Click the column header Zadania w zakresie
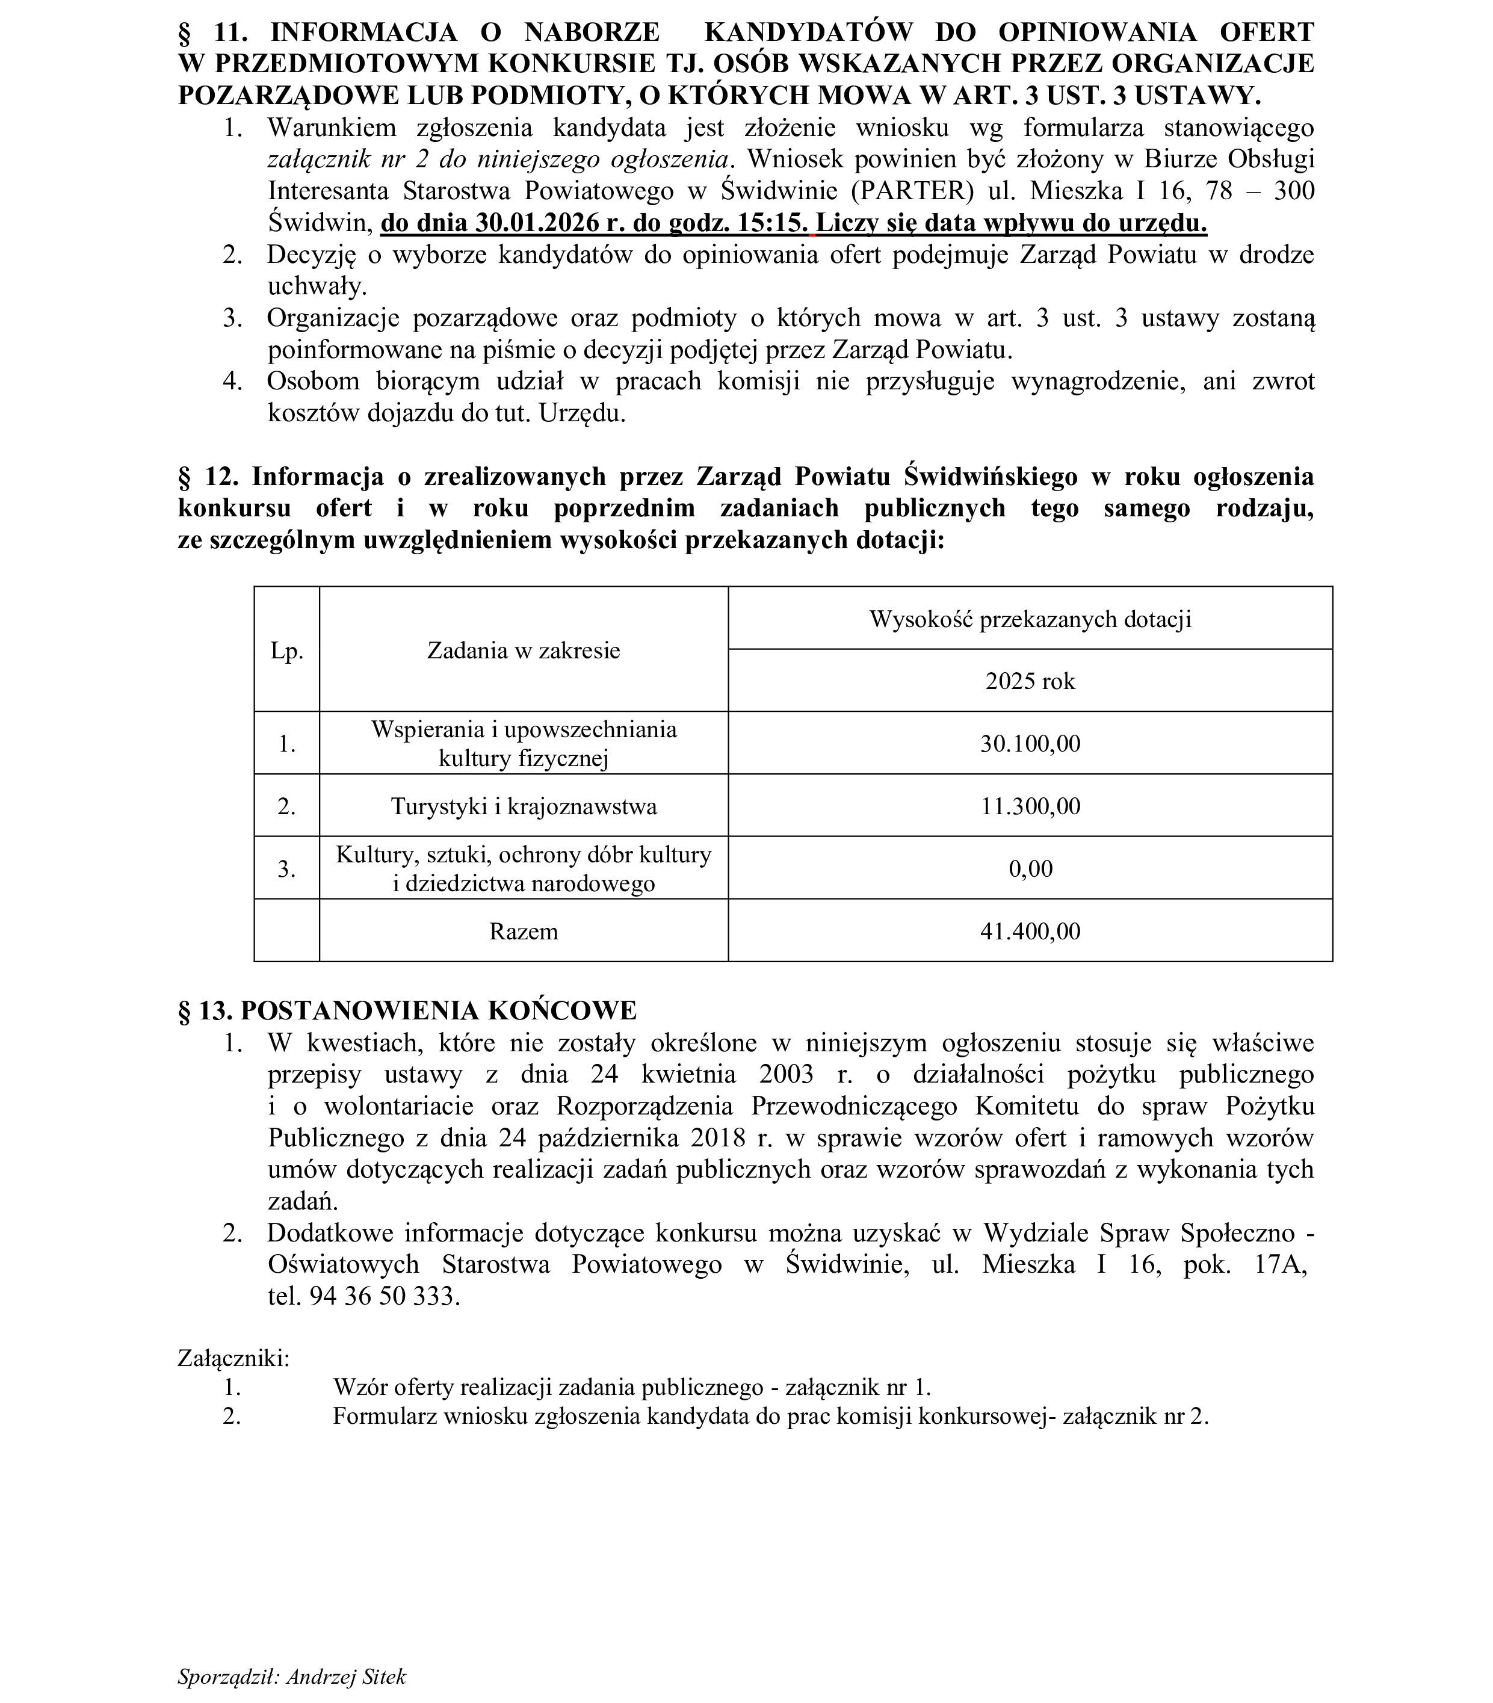tap(523, 650)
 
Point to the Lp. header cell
tap(286, 650)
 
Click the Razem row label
tap(523, 931)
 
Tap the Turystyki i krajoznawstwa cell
tap(523, 806)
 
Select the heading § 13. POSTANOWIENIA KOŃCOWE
tap(407, 1010)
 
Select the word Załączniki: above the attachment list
tap(233, 1358)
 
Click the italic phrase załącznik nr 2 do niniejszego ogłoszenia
tap(498, 159)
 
